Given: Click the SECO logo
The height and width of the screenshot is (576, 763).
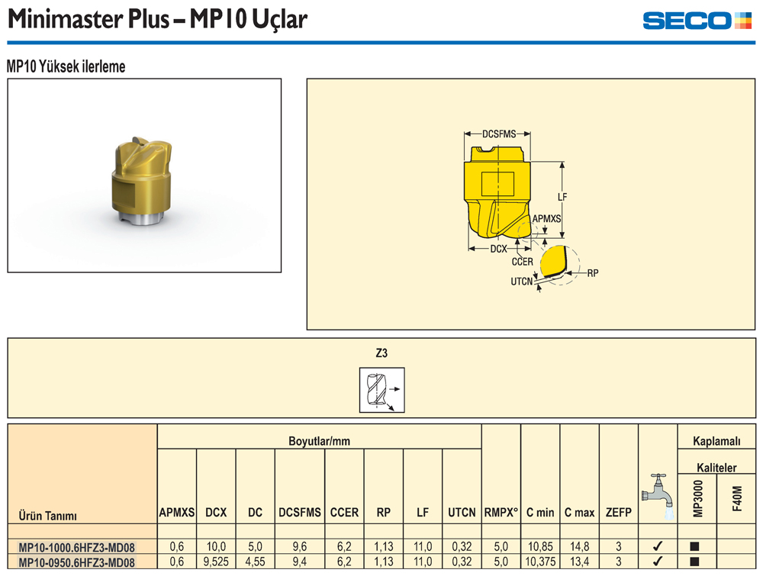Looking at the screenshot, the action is (697, 21).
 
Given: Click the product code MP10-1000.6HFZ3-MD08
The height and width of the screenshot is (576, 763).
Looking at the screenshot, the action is (76, 547).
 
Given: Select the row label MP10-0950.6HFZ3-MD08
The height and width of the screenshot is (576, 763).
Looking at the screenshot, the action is (76, 562).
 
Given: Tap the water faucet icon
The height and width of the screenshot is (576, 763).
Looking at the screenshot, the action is (658, 496).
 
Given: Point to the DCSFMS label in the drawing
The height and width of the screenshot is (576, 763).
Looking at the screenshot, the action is (499, 134).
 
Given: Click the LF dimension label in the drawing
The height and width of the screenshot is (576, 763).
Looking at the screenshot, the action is (562, 197).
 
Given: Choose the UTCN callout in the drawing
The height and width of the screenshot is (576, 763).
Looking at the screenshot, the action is (522, 282).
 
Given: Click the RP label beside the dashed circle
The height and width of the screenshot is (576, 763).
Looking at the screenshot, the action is (593, 273).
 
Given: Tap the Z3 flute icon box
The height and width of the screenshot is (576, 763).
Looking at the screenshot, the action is (382, 390).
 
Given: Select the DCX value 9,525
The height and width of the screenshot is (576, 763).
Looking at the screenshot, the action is (216, 562).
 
